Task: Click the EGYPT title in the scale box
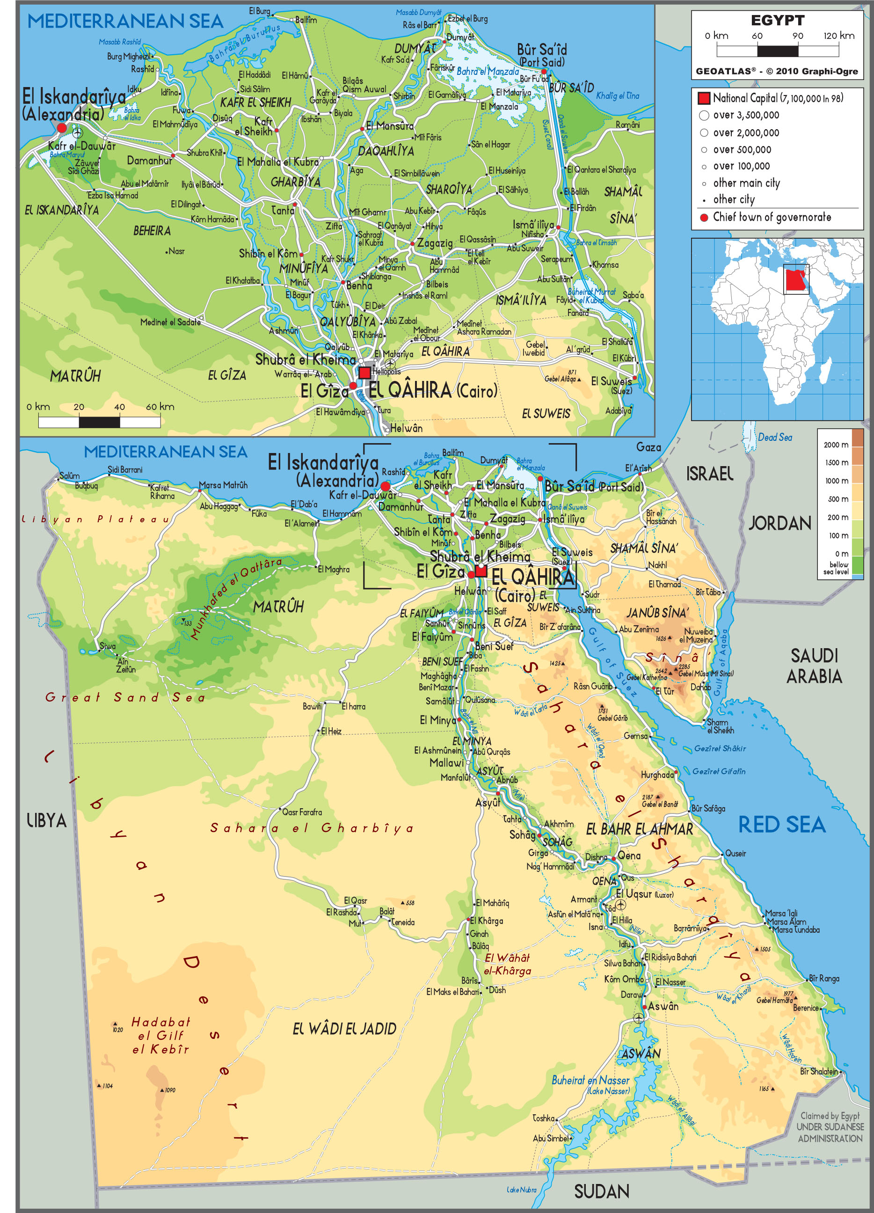pos(777,20)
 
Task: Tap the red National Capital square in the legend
pos(704,98)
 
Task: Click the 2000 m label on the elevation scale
pos(836,445)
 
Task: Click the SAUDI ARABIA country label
pos(814,666)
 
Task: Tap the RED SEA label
pos(781,825)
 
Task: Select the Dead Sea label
pos(774,437)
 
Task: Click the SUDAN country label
pos(601,1191)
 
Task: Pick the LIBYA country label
pos(46,820)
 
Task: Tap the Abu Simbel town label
pos(550,1138)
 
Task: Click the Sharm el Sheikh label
pos(720,726)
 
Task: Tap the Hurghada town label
pos(657,775)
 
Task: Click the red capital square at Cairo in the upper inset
pos(364,372)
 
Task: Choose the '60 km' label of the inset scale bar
pos(160,407)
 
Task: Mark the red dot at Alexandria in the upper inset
pos(61,128)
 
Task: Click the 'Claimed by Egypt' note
pos(830,1116)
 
